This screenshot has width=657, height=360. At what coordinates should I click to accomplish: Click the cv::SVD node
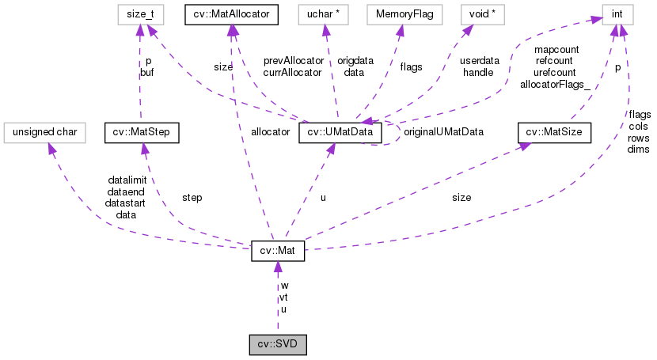click(277, 345)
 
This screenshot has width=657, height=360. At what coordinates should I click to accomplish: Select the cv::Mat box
click(277, 251)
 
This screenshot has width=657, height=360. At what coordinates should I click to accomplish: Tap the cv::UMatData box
click(340, 132)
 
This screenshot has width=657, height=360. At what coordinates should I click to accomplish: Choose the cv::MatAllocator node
click(230, 13)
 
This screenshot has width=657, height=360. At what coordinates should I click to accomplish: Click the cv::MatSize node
click(554, 132)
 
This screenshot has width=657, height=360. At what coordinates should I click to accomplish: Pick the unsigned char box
click(44, 132)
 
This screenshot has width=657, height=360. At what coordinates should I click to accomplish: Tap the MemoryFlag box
click(400, 13)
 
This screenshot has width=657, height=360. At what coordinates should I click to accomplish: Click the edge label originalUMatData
click(443, 131)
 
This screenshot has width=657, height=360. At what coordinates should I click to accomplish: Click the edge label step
click(192, 197)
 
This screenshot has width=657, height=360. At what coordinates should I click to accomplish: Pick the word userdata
click(480, 60)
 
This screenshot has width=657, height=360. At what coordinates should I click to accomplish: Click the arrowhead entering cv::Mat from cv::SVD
click(277, 267)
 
